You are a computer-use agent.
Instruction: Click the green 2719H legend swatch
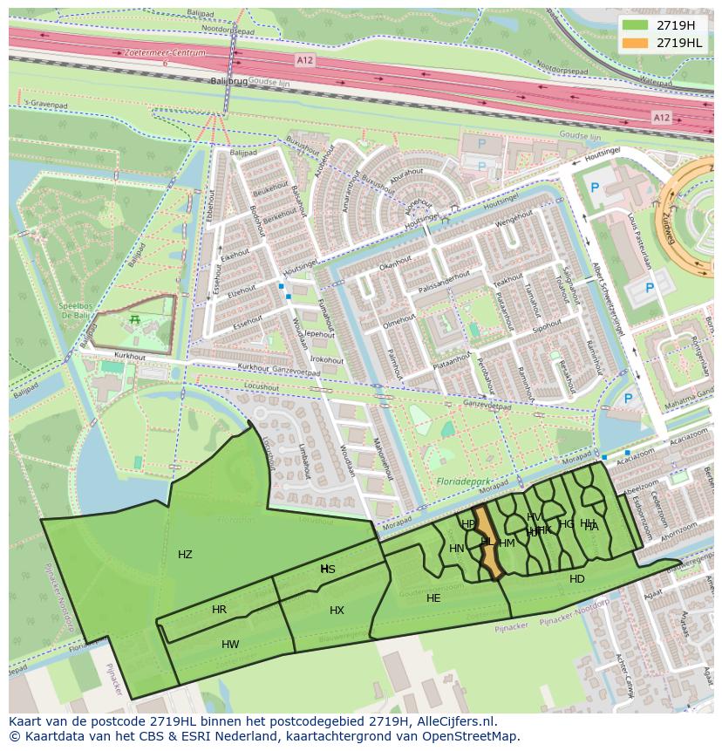pyautogui.click(x=636, y=25)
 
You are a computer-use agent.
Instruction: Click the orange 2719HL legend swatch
pyautogui.click(x=636, y=43)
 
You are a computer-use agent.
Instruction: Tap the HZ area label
pyautogui.click(x=185, y=555)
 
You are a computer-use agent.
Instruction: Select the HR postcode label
pyautogui.click(x=219, y=610)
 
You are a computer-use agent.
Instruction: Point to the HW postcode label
pyautogui.click(x=230, y=645)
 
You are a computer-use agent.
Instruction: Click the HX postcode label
pyautogui.click(x=337, y=611)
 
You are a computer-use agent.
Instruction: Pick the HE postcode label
pyautogui.click(x=433, y=598)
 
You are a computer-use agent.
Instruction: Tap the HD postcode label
pyautogui.click(x=577, y=579)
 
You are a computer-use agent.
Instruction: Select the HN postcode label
pyautogui.click(x=456, y=549)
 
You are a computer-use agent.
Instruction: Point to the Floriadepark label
pyautogui.click(x=463, y=481)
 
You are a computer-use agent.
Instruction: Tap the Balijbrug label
pyautogui.click(x=228, y=80)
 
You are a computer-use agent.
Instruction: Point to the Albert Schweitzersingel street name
pyautogui.click(x=608, y=297)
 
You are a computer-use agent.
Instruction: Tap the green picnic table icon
pyautogui.click(x=134, y=320)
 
